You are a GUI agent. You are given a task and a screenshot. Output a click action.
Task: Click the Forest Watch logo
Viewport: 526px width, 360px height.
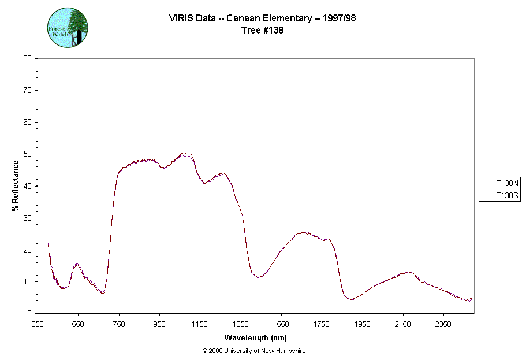(x=68, y=27)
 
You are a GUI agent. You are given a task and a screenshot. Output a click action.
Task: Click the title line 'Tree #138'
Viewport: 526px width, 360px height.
(x=262, y=31)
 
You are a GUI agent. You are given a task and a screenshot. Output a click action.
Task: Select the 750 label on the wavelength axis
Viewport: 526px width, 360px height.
(x=119, y=324)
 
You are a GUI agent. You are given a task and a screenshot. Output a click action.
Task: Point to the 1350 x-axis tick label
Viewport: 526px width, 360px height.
(x=241, y=324)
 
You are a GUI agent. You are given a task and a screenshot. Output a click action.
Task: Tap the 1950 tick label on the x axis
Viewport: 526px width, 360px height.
(x=363, y=324)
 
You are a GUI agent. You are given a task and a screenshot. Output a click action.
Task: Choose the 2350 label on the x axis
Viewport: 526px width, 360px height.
(x=443, y=324)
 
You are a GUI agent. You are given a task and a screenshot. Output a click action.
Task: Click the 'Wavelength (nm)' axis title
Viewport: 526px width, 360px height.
(x=256, y=338)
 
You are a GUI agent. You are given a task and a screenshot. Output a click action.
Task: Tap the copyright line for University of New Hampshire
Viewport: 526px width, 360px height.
(x=254, y=351)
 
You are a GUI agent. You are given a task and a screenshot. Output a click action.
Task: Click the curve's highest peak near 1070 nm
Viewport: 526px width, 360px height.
(x=184, y=153)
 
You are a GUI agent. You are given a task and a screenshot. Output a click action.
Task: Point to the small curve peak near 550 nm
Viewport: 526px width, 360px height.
(x=77, y=264)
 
